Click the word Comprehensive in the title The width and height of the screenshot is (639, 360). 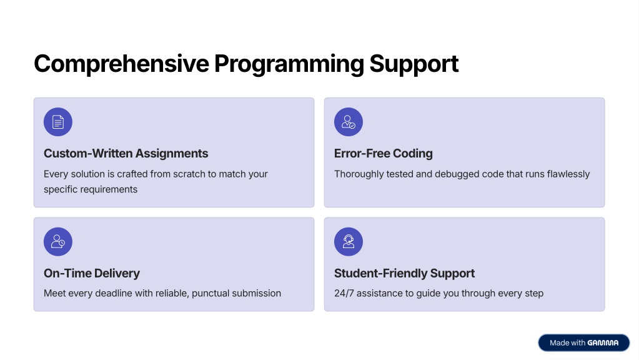tap(121, 64)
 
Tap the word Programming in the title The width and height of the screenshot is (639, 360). tap(289, 64)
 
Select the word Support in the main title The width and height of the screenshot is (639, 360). tap(414, 64)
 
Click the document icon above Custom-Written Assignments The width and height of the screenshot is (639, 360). tap(58, 122)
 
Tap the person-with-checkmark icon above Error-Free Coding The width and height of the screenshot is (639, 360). tap(349, 122)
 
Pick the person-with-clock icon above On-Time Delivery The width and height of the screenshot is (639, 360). tap(58, 242)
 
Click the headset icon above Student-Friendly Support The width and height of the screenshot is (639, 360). tap(349, 242)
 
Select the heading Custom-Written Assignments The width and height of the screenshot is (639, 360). tap(126, 154)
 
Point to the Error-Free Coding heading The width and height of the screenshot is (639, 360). tap(384, 154)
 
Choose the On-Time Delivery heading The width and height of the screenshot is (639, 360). tap(92, 273)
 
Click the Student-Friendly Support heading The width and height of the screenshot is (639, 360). tap(404, 273)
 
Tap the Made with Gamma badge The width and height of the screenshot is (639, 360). tap(584, 343)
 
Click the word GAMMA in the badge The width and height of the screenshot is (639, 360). tap(603, 343)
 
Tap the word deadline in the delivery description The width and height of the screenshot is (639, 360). tap(114, 293)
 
